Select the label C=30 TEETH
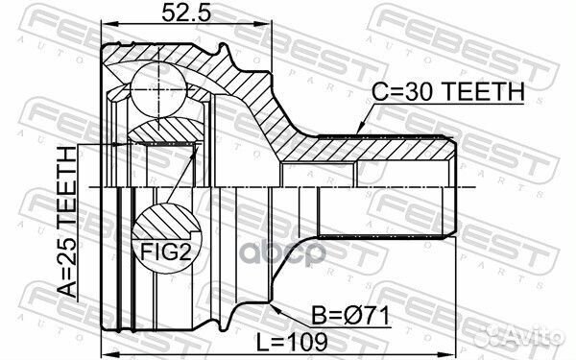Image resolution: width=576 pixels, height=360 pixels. tap(447, 91)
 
